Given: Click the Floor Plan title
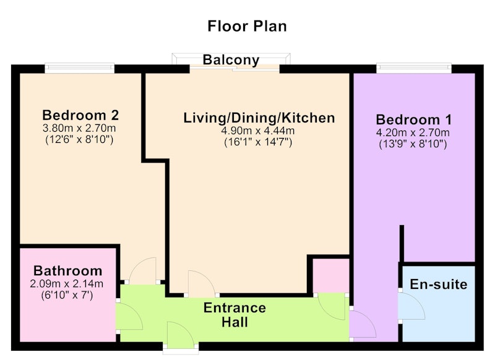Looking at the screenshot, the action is (247, 26).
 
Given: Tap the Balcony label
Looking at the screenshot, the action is (231, 60).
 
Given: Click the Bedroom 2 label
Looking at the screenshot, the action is (80, 115).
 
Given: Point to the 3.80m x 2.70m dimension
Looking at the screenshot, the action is (79, 128).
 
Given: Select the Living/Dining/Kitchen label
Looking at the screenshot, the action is (259, 118).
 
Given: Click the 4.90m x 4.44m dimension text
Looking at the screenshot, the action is (258, 131).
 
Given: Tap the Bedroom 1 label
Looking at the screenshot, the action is (413, 120).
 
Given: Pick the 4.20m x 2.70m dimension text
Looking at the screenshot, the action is (413, 132).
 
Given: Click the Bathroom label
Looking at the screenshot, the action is (68, 271).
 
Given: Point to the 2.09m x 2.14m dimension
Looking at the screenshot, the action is (67, 284).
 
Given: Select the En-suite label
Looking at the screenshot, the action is (439, 285).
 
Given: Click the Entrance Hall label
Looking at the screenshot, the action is (235, 315).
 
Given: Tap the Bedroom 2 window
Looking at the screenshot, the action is (80, 68).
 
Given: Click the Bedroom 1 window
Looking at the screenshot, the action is (414, 68).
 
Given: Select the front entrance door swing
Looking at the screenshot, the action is (180, 335).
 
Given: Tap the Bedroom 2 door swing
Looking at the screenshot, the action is (143, 270).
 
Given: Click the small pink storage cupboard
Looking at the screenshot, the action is (330, 276).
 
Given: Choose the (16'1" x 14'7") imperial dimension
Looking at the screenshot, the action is (258, 142).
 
